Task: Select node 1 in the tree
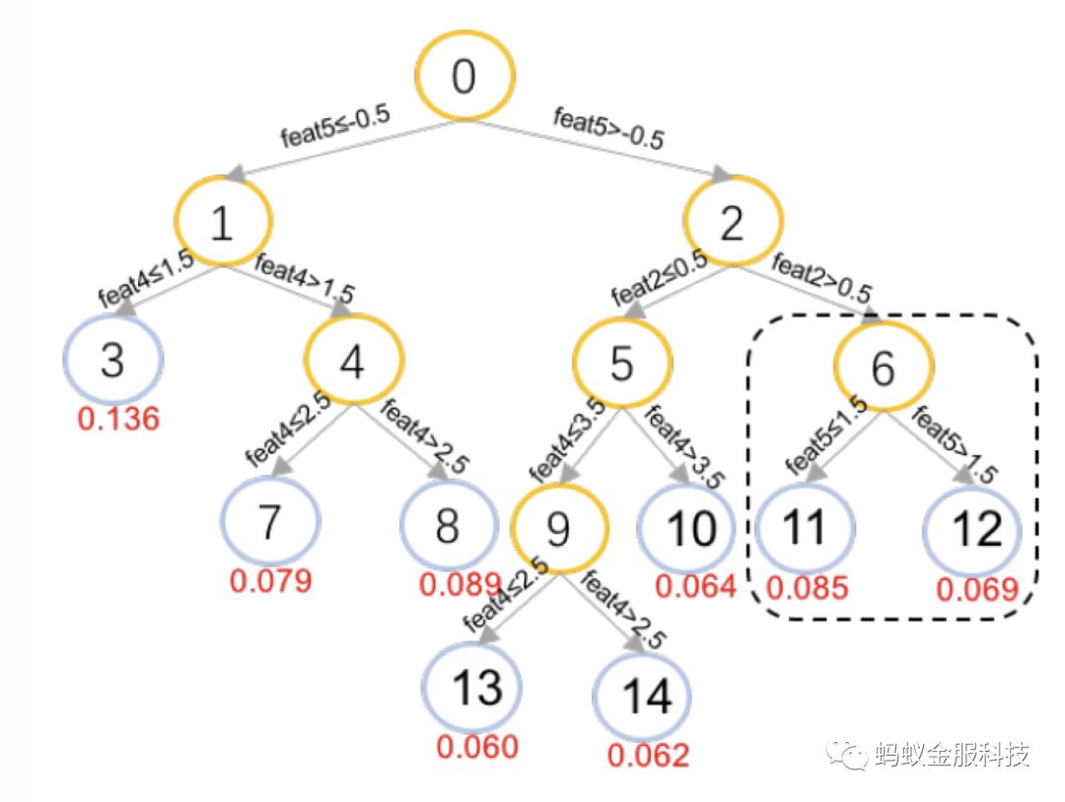(x=224, y=225)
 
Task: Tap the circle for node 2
(x=733, y=225)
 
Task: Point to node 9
(x=558, y=529)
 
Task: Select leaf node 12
(x=975, y=531)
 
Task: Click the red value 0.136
(x=118, y=419)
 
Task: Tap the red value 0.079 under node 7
(x=271, y=580)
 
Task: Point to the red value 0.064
(x=696, y=586)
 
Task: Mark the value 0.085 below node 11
(x=808, y=589)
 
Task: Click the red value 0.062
(x=648, y=756)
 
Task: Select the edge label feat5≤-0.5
(x=336, y=124)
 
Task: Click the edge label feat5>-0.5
(x=608, y=128)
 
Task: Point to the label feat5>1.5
(x=952, y=445)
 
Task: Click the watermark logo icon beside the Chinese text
(x=847, y=755)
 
